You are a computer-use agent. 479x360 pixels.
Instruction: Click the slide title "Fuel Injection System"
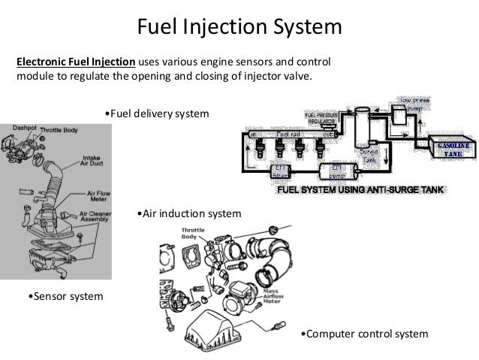click(x=239, y=27)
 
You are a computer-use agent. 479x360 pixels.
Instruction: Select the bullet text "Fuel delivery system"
click(x=155, y=113)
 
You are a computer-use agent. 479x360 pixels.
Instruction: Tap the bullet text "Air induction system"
click(x=191, y=213)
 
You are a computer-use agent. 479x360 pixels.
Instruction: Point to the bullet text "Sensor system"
click(x=65, y=298)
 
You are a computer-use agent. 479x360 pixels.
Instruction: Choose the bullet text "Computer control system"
click(x=363, y=333)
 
